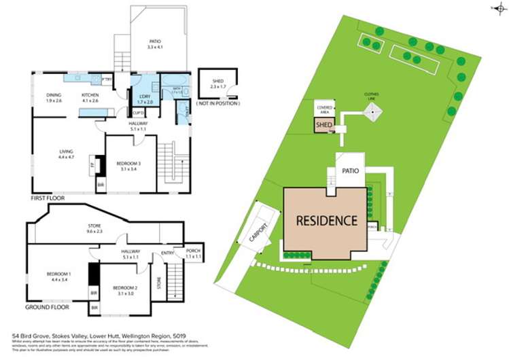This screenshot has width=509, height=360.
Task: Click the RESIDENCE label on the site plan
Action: click(x=326, y=220)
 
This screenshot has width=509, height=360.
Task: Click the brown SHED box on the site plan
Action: click(x=323, y=124)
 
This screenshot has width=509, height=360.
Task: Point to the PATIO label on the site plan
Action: click(x=351, y=171)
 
